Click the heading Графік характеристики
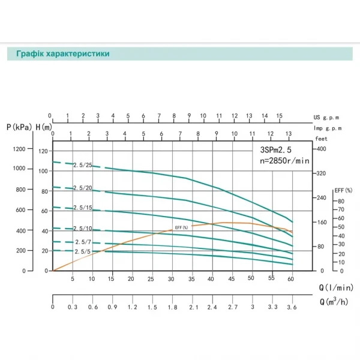point(58,53)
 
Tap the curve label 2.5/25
point(82,164)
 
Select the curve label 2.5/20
point(82,189)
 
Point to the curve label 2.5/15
point(82,208)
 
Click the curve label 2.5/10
point(82,229)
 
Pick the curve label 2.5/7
point(82,242)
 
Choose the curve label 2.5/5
point(82,252)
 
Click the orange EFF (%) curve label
point(181,227)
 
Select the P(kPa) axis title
point(19,127)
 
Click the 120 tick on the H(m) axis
point(43,151)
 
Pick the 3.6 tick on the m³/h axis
point(292,307)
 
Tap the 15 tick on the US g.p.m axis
point(279,115)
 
